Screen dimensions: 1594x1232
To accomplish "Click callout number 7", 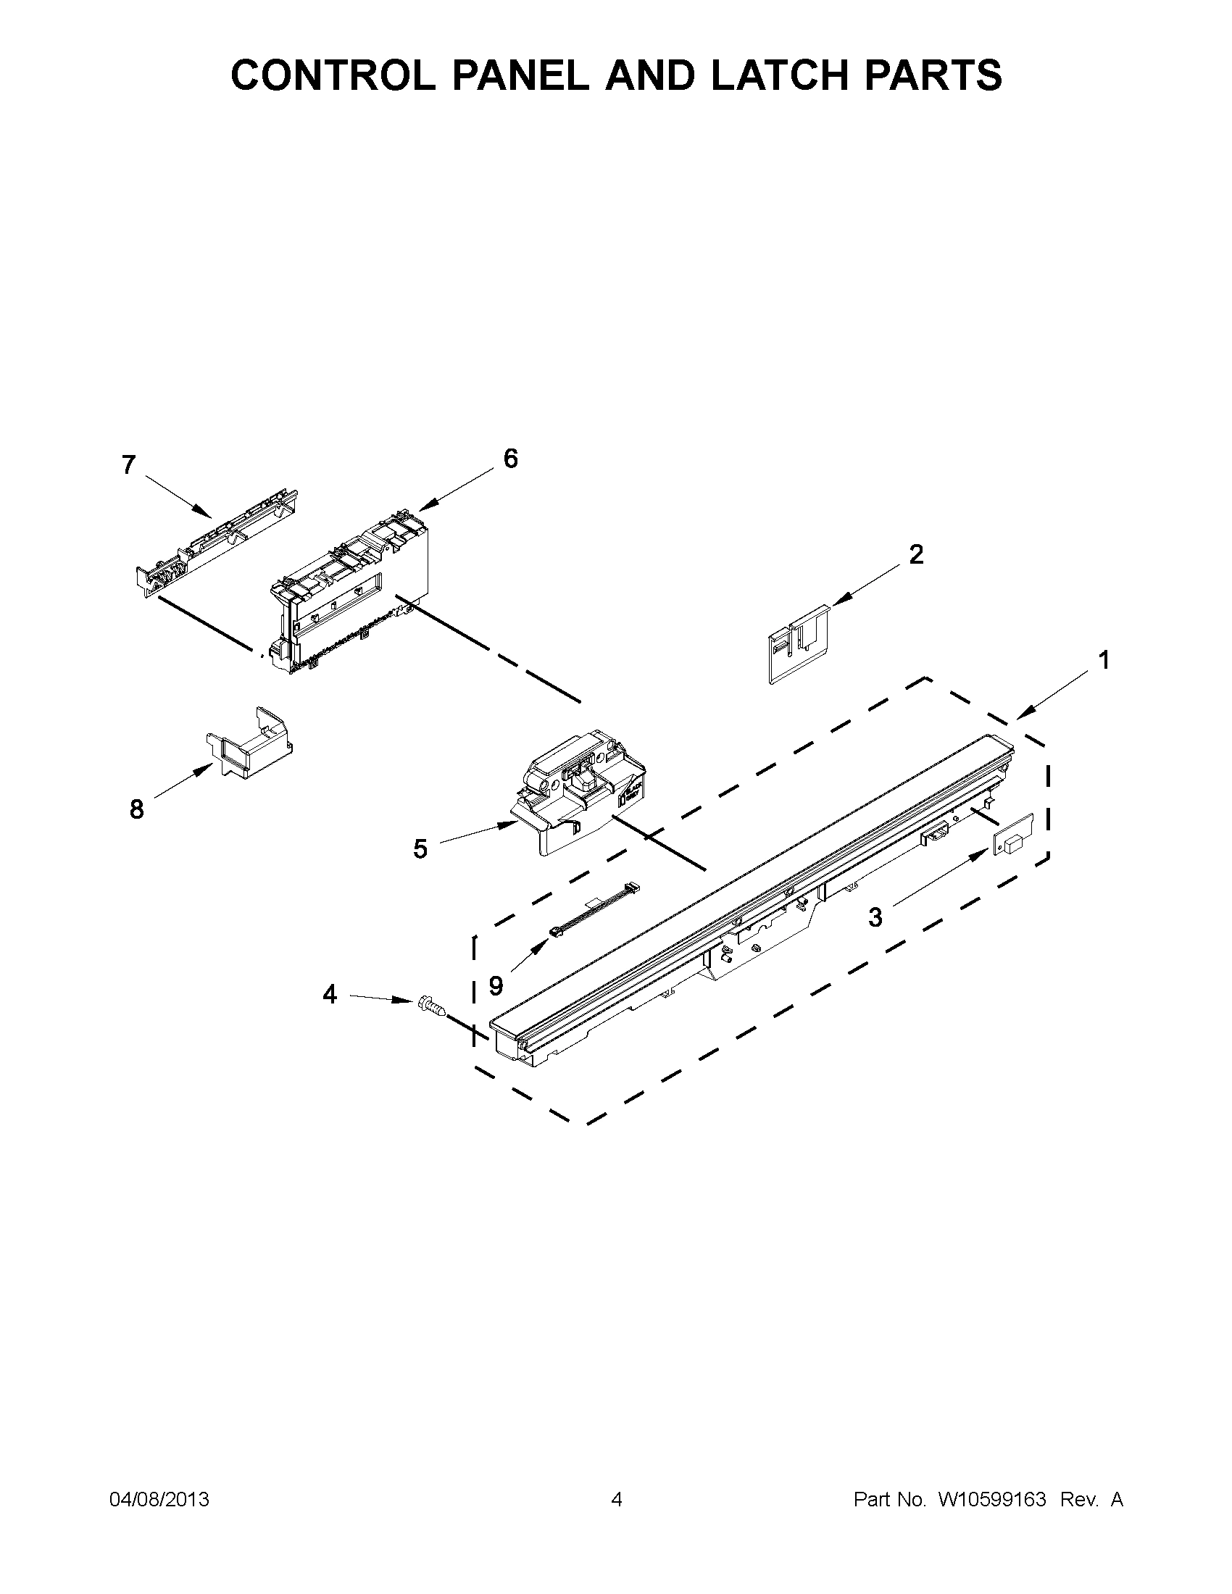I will click(129, 465).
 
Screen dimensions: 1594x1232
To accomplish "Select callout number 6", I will click(510, 459).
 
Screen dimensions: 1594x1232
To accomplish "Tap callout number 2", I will click(916, 555).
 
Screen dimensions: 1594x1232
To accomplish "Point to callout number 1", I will click(1104, 660).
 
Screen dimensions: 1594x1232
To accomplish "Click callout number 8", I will click(136, 809).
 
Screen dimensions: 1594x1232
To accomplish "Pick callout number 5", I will click(420, 849).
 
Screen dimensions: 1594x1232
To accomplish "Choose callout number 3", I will click(875, 917).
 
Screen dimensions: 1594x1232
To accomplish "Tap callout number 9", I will click(496, 987).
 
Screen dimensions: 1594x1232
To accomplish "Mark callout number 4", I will click(330, 994).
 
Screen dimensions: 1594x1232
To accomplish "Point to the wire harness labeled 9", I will click(595, 910).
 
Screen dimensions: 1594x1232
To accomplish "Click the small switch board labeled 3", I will click(1012, 834).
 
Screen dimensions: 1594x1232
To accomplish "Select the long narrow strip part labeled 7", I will click(217, 540).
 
